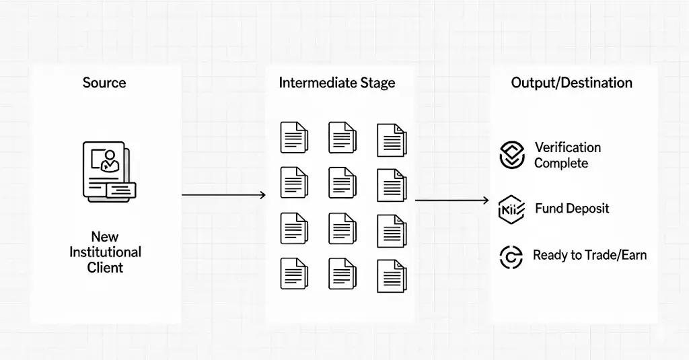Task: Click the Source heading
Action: (x=104, y=83)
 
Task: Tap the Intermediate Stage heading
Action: (x=336, y=83)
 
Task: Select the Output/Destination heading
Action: (x=571, y=83)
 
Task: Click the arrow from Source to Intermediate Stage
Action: (x=223, y=195)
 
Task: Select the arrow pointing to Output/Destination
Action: (x=451, y=200)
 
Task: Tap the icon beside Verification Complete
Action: (x=512, y=155)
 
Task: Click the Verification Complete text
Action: (x=567, y=155)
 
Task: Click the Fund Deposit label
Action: (x=572, y=209)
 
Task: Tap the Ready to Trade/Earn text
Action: (x=589, y=256)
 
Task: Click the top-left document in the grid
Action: (x=293, y=137)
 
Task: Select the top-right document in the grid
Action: (x=392, y=139)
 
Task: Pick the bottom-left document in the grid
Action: (x=293, y=275)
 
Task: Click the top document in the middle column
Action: (x=342, y=137)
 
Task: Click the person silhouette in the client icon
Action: (x=108, y=161)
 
